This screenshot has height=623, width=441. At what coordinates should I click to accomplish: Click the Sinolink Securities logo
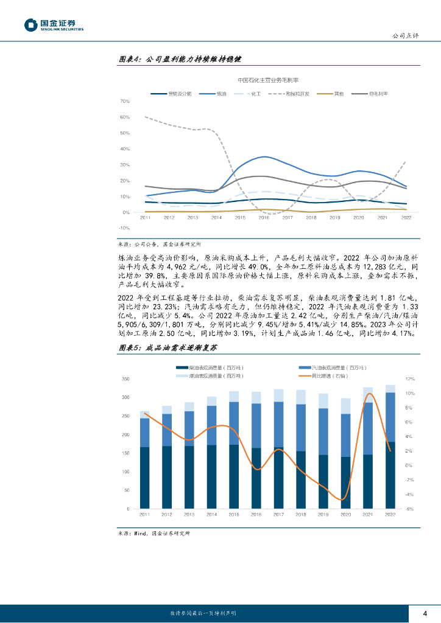pyautogui.click(x=54, y=24)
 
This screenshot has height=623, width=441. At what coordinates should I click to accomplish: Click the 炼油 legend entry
pyautogui.click(x=214, y=94)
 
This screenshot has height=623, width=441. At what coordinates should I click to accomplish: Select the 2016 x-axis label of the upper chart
pyautogui.click(x=264, y=217)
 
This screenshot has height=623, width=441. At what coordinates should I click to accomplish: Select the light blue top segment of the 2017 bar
pyautogui.click(x=278, y=395)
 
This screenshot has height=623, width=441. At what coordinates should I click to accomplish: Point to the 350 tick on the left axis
pyautogui.click(x=125, y=378)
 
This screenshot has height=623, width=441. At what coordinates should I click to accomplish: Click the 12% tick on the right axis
pyautogui.click(x=410, y=378)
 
